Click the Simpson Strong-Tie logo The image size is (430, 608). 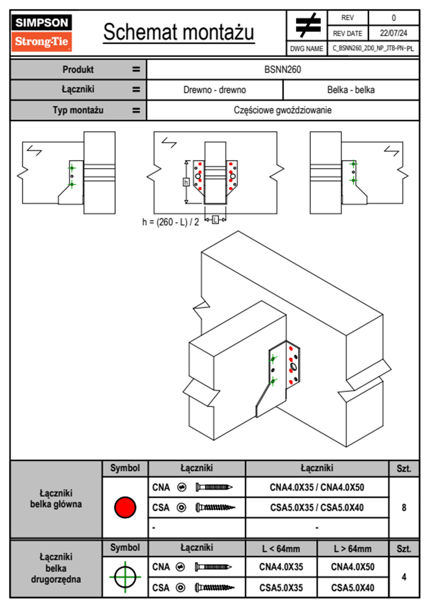tap(42, 33)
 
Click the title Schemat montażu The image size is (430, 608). tap(179, 32)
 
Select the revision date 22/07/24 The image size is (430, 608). tap(393, 33)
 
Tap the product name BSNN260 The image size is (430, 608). tap(283, 69)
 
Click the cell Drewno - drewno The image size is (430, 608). tap(215, 90)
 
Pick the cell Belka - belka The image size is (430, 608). tap(351, 90)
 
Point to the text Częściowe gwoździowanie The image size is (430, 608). tap(283, 110)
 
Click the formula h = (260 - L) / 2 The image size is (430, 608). tap(171, 222)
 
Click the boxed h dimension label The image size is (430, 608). tap(186, 181)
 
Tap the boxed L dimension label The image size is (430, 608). tap(215, 219)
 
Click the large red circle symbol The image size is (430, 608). tap(125, 507)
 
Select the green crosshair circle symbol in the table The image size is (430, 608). tap(125, 577)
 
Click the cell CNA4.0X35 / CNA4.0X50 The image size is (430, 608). tap(317, 487)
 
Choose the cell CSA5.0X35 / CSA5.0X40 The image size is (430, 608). tap(317, 508)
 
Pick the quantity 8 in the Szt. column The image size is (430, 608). tap(404, 508)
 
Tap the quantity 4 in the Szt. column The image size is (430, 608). tap(404, 577)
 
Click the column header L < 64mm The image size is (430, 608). tap(281, 549)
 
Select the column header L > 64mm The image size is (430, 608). tap(353, 549)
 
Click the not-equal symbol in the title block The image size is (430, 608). tap(308, 25)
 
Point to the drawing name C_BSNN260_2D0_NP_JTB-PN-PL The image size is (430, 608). tap(373, 48)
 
